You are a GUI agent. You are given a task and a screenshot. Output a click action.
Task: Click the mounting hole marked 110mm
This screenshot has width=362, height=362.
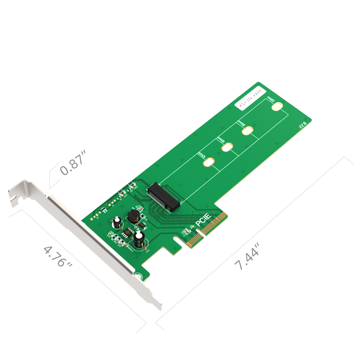pos(277,106)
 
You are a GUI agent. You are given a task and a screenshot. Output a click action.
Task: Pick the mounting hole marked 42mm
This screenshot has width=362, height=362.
pos(209,162)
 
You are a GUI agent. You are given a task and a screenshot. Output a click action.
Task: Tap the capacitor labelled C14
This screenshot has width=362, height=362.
pos(139,240)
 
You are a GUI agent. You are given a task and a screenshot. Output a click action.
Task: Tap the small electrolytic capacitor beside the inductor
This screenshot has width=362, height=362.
pos(117,222)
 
